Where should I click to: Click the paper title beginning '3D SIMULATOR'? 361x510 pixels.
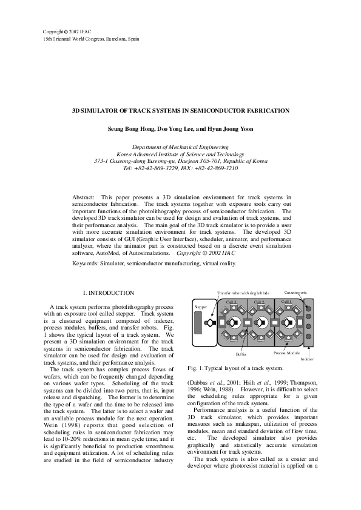click(x=180, y=111)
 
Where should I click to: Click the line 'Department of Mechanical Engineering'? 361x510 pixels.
click(x=180, y=147)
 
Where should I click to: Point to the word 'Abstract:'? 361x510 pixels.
click(x=83, y=197)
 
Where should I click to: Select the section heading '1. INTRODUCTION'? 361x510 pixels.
click(x=108, y=293)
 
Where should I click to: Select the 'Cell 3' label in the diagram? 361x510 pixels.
click(x=231, y=302)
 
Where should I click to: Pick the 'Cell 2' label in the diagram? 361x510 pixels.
click(x=259, y=302)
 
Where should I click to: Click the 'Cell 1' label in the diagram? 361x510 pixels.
click(x=286, y=302)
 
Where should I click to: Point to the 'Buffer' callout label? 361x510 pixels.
click(x=241, y=353)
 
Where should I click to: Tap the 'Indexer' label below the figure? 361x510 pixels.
click(x=307, y=359)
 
